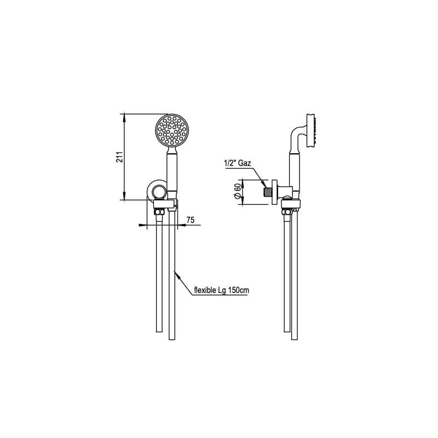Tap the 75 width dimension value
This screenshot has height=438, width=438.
(x=191, y=220)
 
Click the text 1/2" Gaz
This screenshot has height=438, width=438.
(x=238, y=163)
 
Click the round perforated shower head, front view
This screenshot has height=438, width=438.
(x=172, y=130)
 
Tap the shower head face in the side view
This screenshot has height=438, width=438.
(x=314, y=130)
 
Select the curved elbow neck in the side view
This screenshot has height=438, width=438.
(x=296, y=136)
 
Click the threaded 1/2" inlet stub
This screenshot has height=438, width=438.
(x=268, y=193)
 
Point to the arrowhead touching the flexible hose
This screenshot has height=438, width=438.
(x=175, y=272)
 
